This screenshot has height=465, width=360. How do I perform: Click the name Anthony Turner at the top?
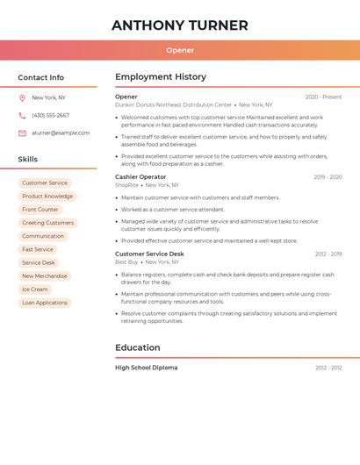(x=180, y=25)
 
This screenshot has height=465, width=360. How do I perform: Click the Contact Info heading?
(x=41, y=77)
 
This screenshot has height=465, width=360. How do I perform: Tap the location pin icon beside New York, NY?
(x=22, y=97)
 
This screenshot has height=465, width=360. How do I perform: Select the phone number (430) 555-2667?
(x=50, y=115)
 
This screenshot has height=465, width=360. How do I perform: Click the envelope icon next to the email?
(x=22, y=133)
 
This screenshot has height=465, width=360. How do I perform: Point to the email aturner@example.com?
(x=61, y=133)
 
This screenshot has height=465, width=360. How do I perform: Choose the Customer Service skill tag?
(x=45, y=183)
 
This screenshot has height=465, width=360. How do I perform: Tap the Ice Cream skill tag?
(x=35, y=290)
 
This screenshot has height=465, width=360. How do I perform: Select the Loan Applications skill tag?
(x=45, y=303)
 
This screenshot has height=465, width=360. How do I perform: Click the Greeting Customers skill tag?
(x=47, y=223)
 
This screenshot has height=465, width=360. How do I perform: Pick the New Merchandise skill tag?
(x=45, y=276)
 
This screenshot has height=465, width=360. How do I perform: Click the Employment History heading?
(x=161, y=77)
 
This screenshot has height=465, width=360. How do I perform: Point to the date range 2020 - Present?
(x=323, y=97)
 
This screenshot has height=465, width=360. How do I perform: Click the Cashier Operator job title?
(x=140, y=177)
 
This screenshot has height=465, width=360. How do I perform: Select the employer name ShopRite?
(x=126, y=185)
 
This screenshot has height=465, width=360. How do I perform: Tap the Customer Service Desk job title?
(x=149, y=254)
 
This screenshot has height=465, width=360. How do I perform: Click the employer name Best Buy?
(x=126, y=262)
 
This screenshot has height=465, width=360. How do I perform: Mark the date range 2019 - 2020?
(x=328, y=177)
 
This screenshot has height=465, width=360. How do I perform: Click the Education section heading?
(x=138, y=347)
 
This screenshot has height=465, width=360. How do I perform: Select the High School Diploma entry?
(x=146, y=368)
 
